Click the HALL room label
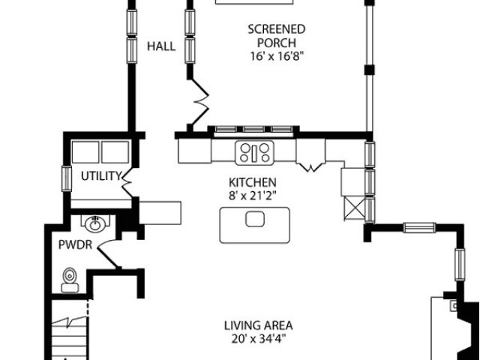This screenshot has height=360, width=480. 161,46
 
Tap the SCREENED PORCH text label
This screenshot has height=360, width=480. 277,36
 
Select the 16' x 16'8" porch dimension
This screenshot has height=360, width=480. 278,56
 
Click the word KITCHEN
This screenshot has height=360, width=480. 253,182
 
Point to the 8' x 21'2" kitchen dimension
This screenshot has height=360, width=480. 253,196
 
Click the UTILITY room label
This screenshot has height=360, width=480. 101,176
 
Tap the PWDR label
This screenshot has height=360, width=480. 75,245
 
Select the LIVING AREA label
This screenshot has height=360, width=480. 259,325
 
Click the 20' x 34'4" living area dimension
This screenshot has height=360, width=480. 259,339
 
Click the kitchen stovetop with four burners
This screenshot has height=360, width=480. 254,153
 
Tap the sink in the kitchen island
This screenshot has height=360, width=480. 255,219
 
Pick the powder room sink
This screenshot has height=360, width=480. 95,223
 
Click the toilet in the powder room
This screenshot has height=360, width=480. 70,280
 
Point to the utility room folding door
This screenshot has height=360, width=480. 127,183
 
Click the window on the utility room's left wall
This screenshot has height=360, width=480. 67,178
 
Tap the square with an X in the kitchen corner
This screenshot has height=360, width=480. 355,208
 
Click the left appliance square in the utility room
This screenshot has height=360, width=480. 85,151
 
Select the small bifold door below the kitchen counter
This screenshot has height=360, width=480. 311,167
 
